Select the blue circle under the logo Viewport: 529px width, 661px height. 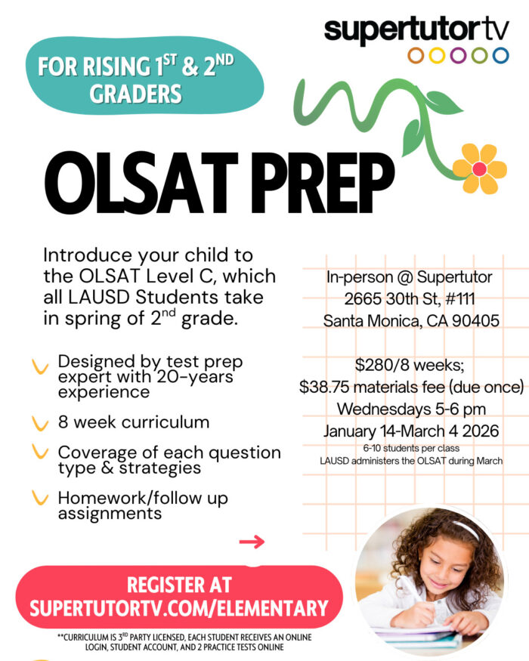500,55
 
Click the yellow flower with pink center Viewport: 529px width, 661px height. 479,167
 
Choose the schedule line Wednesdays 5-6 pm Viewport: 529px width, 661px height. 411,409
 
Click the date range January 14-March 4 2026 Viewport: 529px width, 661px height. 411,431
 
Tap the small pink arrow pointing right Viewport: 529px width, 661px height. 252,541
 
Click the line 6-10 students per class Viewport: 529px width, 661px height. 411,448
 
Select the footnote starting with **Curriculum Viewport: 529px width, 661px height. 184,642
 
